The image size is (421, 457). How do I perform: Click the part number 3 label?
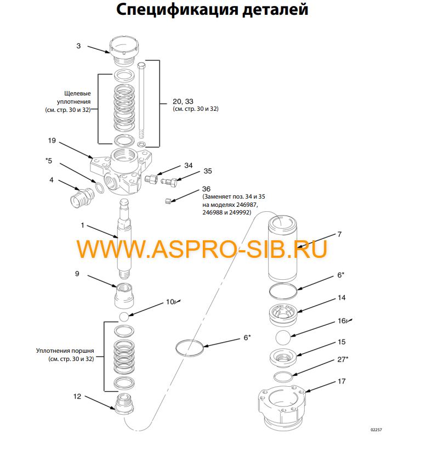point(78,46)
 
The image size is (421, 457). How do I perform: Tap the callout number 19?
point(52,140)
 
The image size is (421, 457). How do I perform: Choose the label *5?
point(49,161)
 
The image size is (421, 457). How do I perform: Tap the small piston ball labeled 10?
point(124,317)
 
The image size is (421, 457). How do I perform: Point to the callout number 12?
point(77,396)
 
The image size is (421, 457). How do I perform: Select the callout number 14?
point(341,298)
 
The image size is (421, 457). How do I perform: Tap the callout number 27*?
point(342,360)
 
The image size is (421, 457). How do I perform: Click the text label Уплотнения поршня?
point(65,350)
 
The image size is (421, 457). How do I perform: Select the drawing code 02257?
point(376,430)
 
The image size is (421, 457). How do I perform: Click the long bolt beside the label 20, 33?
point(143,104)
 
